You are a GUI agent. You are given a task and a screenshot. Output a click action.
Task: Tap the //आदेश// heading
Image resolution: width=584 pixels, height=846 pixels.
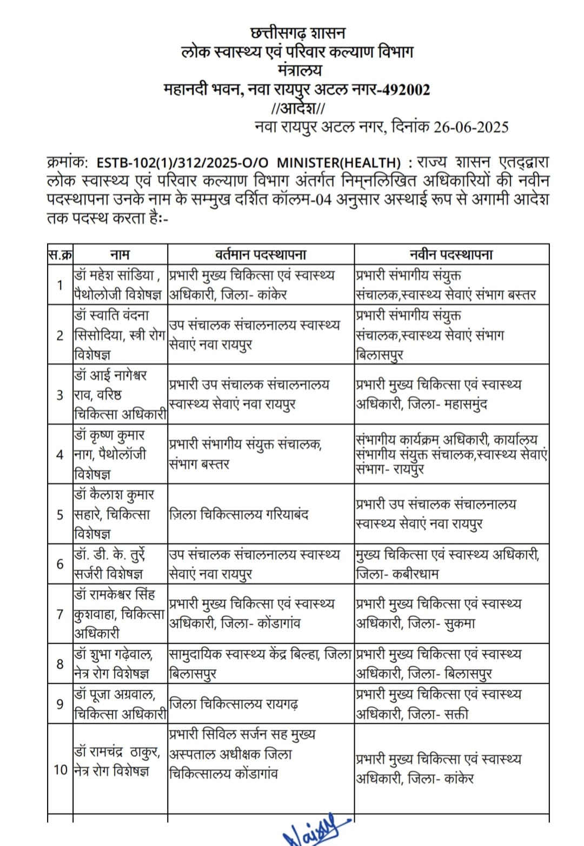[x=298, y=108]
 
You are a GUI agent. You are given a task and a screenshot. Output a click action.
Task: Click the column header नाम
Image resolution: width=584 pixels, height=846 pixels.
[x=120, y=254]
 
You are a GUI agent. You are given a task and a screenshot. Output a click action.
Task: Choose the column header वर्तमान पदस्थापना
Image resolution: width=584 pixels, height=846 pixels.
[x=261, y=254]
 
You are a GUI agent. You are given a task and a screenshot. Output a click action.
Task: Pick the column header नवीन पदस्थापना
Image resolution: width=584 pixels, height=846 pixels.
[x=451, y=254]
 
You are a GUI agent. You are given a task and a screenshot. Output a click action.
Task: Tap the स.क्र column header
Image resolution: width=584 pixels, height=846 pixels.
[x=60, y=254]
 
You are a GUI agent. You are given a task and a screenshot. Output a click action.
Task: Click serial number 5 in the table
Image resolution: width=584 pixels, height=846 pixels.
[x=60, y=514]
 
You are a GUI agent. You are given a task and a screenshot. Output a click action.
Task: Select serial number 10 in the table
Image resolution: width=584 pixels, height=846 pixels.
[x=60, y=769]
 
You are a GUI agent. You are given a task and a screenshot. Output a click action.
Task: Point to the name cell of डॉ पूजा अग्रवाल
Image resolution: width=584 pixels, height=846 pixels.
[x=120, y=704]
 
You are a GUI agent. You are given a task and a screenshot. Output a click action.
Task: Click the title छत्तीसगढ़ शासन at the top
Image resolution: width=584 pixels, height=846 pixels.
[x=297, y=34]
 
